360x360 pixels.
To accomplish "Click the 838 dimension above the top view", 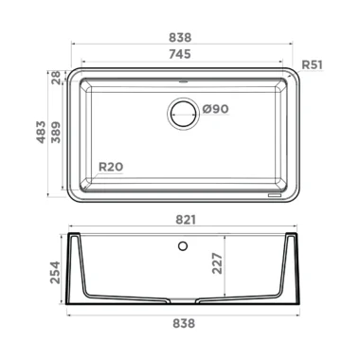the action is [x=180, y=37].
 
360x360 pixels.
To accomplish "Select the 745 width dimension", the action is [x=180, y=54].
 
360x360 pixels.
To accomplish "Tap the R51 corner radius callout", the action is [x=312, y=64].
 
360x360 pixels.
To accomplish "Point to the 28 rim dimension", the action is [x=55, y=78].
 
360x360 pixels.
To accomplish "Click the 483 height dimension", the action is [x=42, y=132].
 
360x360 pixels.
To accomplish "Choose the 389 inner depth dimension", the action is [x=56, y=132].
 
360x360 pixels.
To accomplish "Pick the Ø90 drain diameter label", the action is [x=215, y=109].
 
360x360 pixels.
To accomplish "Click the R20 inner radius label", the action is [x=111, y=167].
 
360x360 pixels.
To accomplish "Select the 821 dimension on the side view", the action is [x=186, y=220].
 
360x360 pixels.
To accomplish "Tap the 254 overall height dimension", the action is [x=55, y=272].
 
